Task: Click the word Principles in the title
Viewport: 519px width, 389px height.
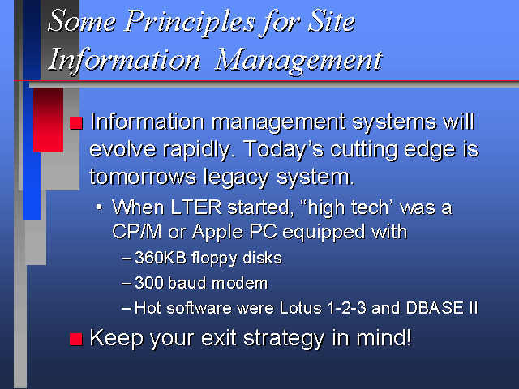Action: [191, 24]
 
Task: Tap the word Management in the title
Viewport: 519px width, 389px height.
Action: [299, 61]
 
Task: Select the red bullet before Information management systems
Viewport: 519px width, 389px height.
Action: [76, 122]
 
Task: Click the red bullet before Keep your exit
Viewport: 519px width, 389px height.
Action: [76, 339]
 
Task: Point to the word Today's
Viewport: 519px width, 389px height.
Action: [284, 149]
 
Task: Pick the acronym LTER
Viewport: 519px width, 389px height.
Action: [196, 207]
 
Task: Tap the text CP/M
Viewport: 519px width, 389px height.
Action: [137, 231]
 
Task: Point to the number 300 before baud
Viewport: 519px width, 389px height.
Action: [149, 283]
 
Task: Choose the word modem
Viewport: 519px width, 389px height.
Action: [240, 283]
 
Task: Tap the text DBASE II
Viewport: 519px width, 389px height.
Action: [442, 308]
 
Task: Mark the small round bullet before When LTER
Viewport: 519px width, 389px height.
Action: [99, 207]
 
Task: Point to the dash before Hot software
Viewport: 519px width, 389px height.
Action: [127, 309]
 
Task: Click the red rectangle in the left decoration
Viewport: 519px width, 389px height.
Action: [48, 120]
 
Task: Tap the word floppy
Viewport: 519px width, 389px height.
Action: [214, 259]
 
